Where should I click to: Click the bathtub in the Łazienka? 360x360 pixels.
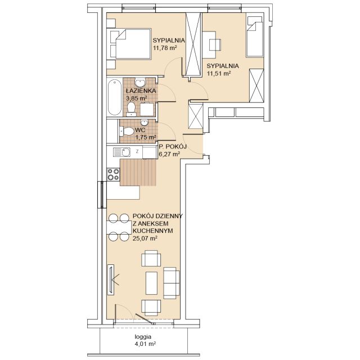(x=115, y=97)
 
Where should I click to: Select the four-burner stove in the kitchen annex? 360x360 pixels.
(x=114, y=174)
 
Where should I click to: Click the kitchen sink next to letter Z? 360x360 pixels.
(x=121, y=152)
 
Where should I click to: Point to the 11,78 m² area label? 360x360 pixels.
(x=165, y=48)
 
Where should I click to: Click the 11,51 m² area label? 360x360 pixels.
(x=219, y=74)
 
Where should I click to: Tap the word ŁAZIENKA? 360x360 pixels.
(x=141, y=91)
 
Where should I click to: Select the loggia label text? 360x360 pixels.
(x=143, y=337)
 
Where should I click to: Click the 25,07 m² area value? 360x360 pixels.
(x=145, y=238)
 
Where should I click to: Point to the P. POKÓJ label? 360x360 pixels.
(x=173, y=146)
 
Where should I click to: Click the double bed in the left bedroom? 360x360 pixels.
(x=130, y=44)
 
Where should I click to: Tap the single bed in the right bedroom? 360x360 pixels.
(x=254, y=37)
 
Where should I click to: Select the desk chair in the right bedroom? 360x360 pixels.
(x=215, y=44)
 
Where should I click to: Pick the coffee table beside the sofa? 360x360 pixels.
(x=151, y=283)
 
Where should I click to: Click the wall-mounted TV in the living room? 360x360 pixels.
(x=111, y=280)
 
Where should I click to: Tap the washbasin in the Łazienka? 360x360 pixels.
(x=139, y=83)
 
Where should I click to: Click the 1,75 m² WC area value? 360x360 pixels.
(x=146, y=137)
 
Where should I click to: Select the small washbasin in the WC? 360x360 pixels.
(x=145, y=122)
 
